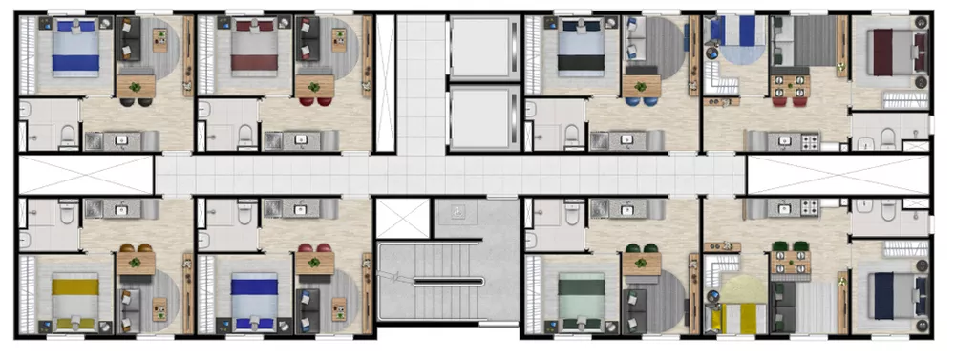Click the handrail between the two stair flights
click(448, 281)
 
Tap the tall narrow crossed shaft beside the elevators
click(385, 81)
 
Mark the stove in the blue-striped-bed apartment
click(810, 142)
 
